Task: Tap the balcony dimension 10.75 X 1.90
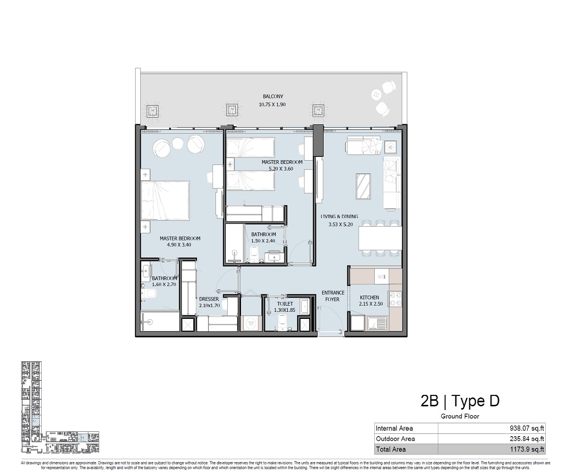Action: pos(273,104)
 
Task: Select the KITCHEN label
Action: pos(369,297)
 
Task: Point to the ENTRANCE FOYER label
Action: pos(333,296)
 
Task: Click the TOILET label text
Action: pos(285,304)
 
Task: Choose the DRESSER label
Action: pos(208,299)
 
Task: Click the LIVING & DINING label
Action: pos(339,216)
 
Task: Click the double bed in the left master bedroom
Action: pos(165,200)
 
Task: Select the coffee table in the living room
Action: pos(363,187)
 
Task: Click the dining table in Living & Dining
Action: pos(380,239)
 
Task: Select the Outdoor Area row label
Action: pos(395,439)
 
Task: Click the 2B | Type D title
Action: pos(460,401)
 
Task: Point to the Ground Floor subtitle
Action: pos(460,416)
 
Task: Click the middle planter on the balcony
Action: pos(232,111)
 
